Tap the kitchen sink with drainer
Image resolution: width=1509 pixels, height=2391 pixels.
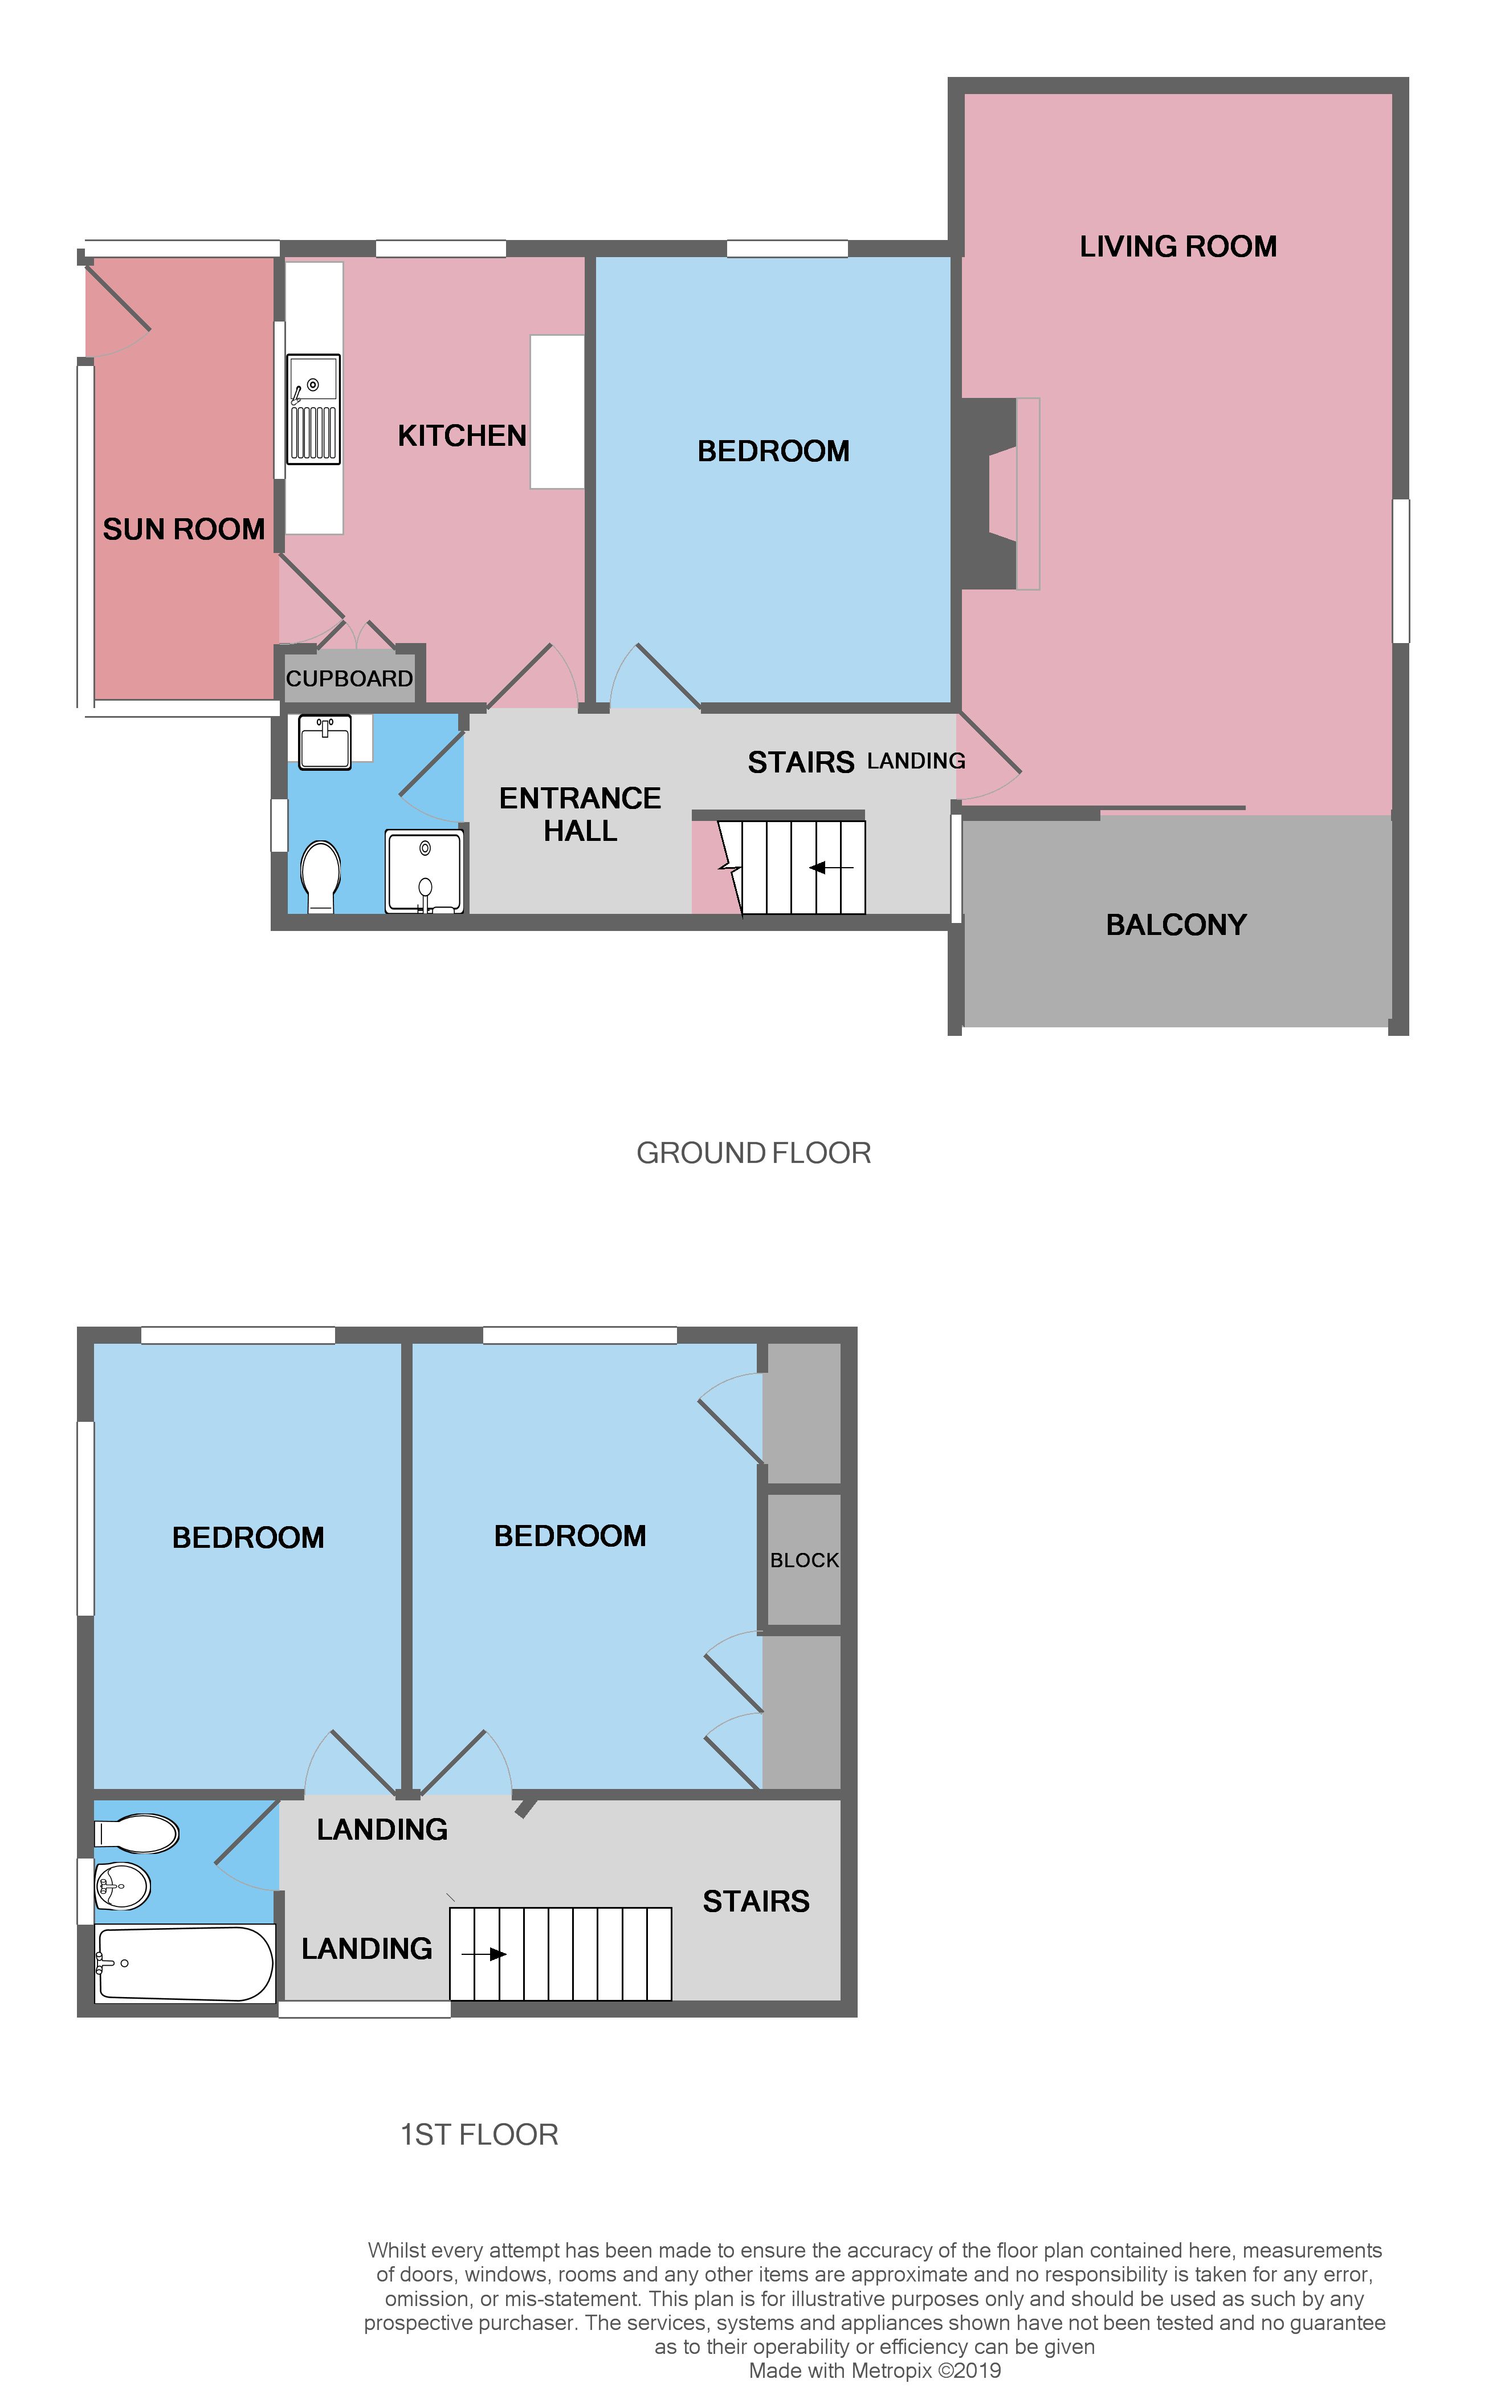click(313, 409)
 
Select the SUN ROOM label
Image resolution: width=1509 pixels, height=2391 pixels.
click(183, 529)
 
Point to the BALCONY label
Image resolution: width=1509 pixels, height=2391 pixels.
click(1176, 925)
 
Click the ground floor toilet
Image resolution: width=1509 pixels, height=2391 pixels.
click(321, 874)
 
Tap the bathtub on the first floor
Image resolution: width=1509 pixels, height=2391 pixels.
click(185, 1963)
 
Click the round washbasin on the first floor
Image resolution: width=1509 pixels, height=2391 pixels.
click(122, 1885)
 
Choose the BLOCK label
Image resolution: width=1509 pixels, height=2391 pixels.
click(804, 1560)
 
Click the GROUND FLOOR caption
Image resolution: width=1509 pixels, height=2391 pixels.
click(753, 1153)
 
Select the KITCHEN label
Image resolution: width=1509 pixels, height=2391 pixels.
click(462, 436)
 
